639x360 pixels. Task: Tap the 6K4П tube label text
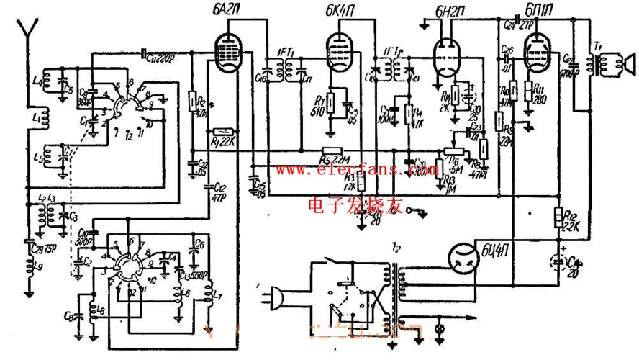pyautogui.click(x=336, y=10)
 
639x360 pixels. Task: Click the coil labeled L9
pyautogui.click(x=31, y=269)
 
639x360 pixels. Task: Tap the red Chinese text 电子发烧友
pyautogui.click(x=353, y=206)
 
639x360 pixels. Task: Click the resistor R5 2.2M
pyautogui.click(x=330, y=152)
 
